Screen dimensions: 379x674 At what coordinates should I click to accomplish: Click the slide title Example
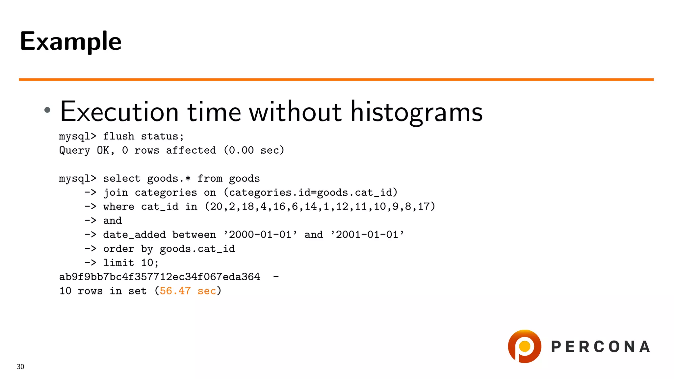[70, 41]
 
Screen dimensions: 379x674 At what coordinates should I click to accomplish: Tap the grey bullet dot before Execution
[47, 110]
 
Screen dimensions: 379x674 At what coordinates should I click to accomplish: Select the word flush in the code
[118, 137]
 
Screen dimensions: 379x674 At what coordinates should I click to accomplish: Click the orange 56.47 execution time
[175, 291]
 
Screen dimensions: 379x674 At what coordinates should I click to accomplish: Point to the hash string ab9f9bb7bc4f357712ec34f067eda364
[160, 277]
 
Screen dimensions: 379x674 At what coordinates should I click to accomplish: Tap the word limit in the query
[118, 263]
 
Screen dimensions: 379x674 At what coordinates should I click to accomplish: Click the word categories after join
[166, 193]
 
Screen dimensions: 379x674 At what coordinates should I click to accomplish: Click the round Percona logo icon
[524, 346]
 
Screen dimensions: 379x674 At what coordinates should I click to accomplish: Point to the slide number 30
[20, 367]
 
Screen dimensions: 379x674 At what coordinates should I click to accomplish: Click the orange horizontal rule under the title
[336, 80]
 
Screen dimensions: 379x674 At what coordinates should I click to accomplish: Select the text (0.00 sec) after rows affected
[254, 151]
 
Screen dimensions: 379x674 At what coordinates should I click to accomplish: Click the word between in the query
[194, 235]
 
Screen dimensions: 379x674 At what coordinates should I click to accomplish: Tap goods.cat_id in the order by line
[197, 249]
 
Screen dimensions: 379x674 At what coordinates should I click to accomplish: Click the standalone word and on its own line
[112, 221]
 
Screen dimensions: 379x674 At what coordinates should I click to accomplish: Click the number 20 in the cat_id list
[216, 207]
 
